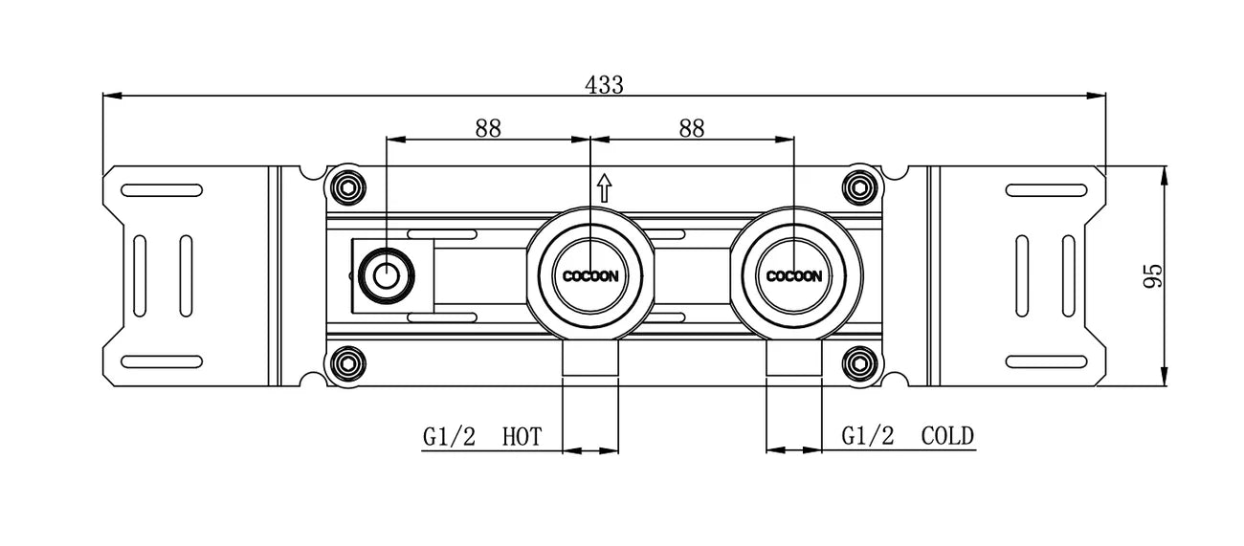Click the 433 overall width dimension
(x=604, y=84)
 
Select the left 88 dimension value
(x=488, y=128)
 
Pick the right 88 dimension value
(x=691, y=128)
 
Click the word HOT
(x=522, y=438)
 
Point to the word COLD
(x=947, y=437)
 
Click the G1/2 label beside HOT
(x=450, y=438)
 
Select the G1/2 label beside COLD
(x=868, y=437)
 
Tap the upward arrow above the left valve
(x=604, y=186)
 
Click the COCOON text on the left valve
(x=590, y=276)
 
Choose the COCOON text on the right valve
(x=794, y=276)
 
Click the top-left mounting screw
(x=346, y=186)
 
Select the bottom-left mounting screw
(x=346, y=363)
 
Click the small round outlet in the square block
(x=386, y=277)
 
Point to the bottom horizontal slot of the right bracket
(x=1042, y=361)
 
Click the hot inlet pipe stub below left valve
(x=590, y=361)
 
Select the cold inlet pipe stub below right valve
(x=794, y=361)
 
